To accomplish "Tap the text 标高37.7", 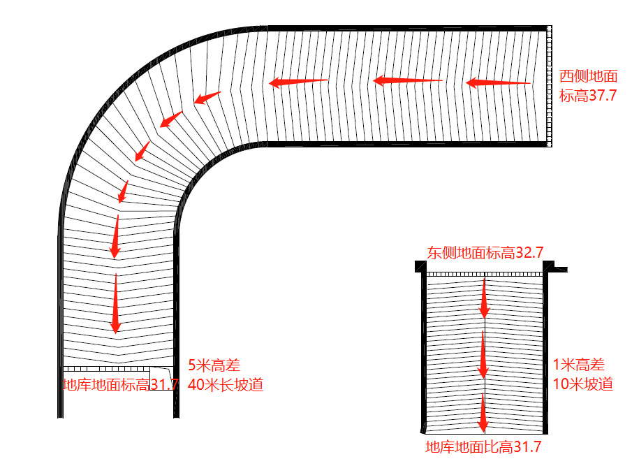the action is pyautogui.click(x=589, y=96).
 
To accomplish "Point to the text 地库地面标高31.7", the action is pyautogui.click(x=120, y=384).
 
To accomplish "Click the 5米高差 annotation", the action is pyautogui.click(x=214, y=365).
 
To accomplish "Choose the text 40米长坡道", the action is pyautogui.click(x=226, y=384).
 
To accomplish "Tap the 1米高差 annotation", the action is pyautogui.click(x=579, y=365).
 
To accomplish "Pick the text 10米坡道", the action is pyautogui.click(x=583, y=384).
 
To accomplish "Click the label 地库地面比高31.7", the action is pyautogui.click(x=484, y=447).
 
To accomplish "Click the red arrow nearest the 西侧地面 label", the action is pyautogui.click(x=497, y=83).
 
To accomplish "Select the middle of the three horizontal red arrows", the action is pyautogui.click(x=407, y=81).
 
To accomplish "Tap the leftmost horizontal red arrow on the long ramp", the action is pyautogui.click(x=298, y=82).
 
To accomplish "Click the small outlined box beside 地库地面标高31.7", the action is pyautogui.click(x=161, y=378).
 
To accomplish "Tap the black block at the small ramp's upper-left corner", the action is pyautogui.click(x=420, y=266).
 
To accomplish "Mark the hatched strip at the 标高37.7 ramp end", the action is pyautogui.click(x=550, y=86).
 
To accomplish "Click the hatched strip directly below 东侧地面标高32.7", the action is pyautogui.click(x=484, y=274).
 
